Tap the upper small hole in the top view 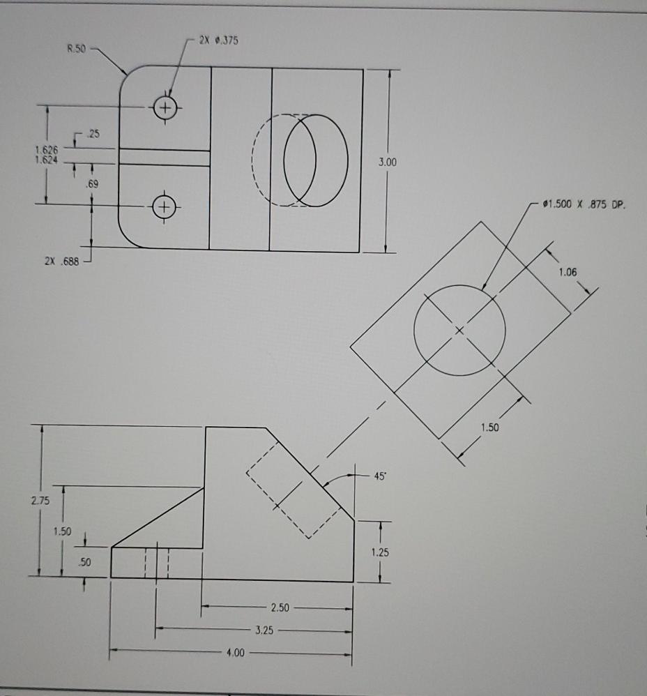[165, 107]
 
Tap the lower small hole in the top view [164, 206]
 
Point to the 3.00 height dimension [388, 162]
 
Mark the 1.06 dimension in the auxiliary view [568, 272]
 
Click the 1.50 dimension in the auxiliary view [489, 427]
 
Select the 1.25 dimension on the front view [380, 552]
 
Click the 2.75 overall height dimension [40, 500]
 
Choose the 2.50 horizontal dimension [280, 607]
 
